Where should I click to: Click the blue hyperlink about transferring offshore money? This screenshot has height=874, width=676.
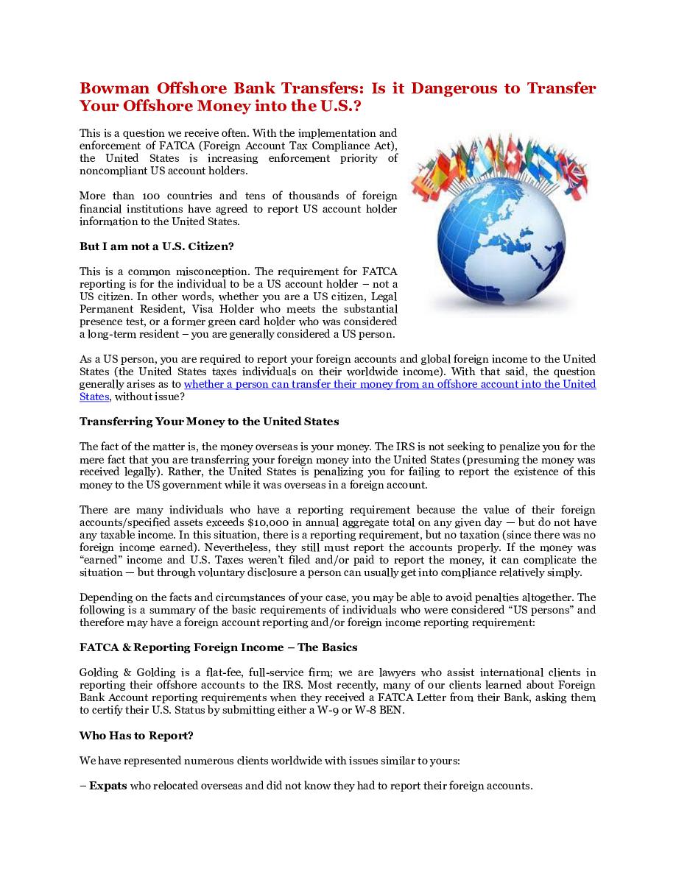pyautogui.click(x=390, y=384)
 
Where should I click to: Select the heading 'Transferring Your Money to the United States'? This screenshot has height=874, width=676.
pyautogui.click(x=209, y=422)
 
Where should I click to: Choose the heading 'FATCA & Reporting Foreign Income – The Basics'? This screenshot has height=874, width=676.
pyautogui.click(x=218, y=647)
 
